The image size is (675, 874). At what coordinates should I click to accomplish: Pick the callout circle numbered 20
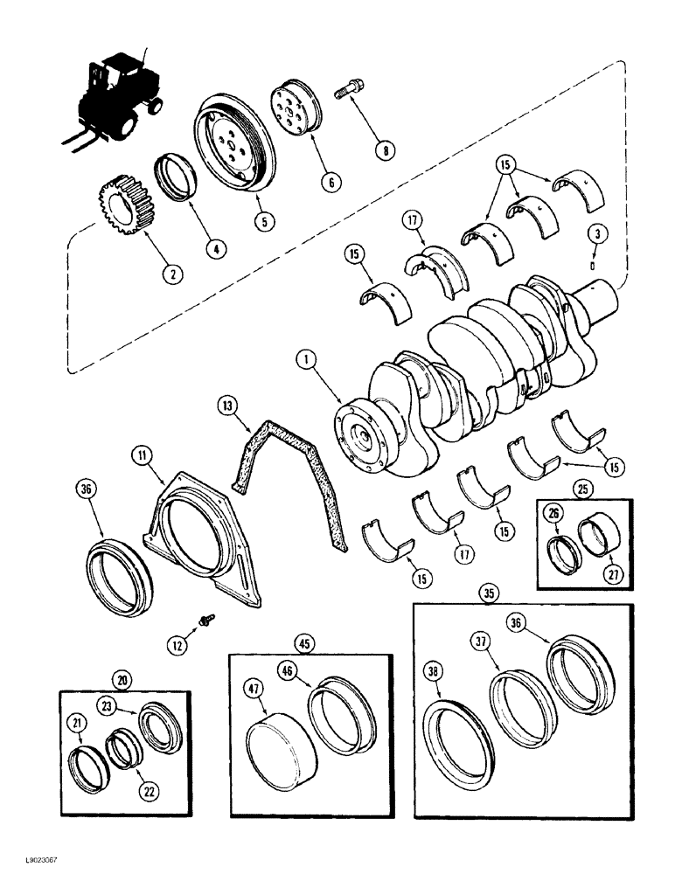coord(122,679)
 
